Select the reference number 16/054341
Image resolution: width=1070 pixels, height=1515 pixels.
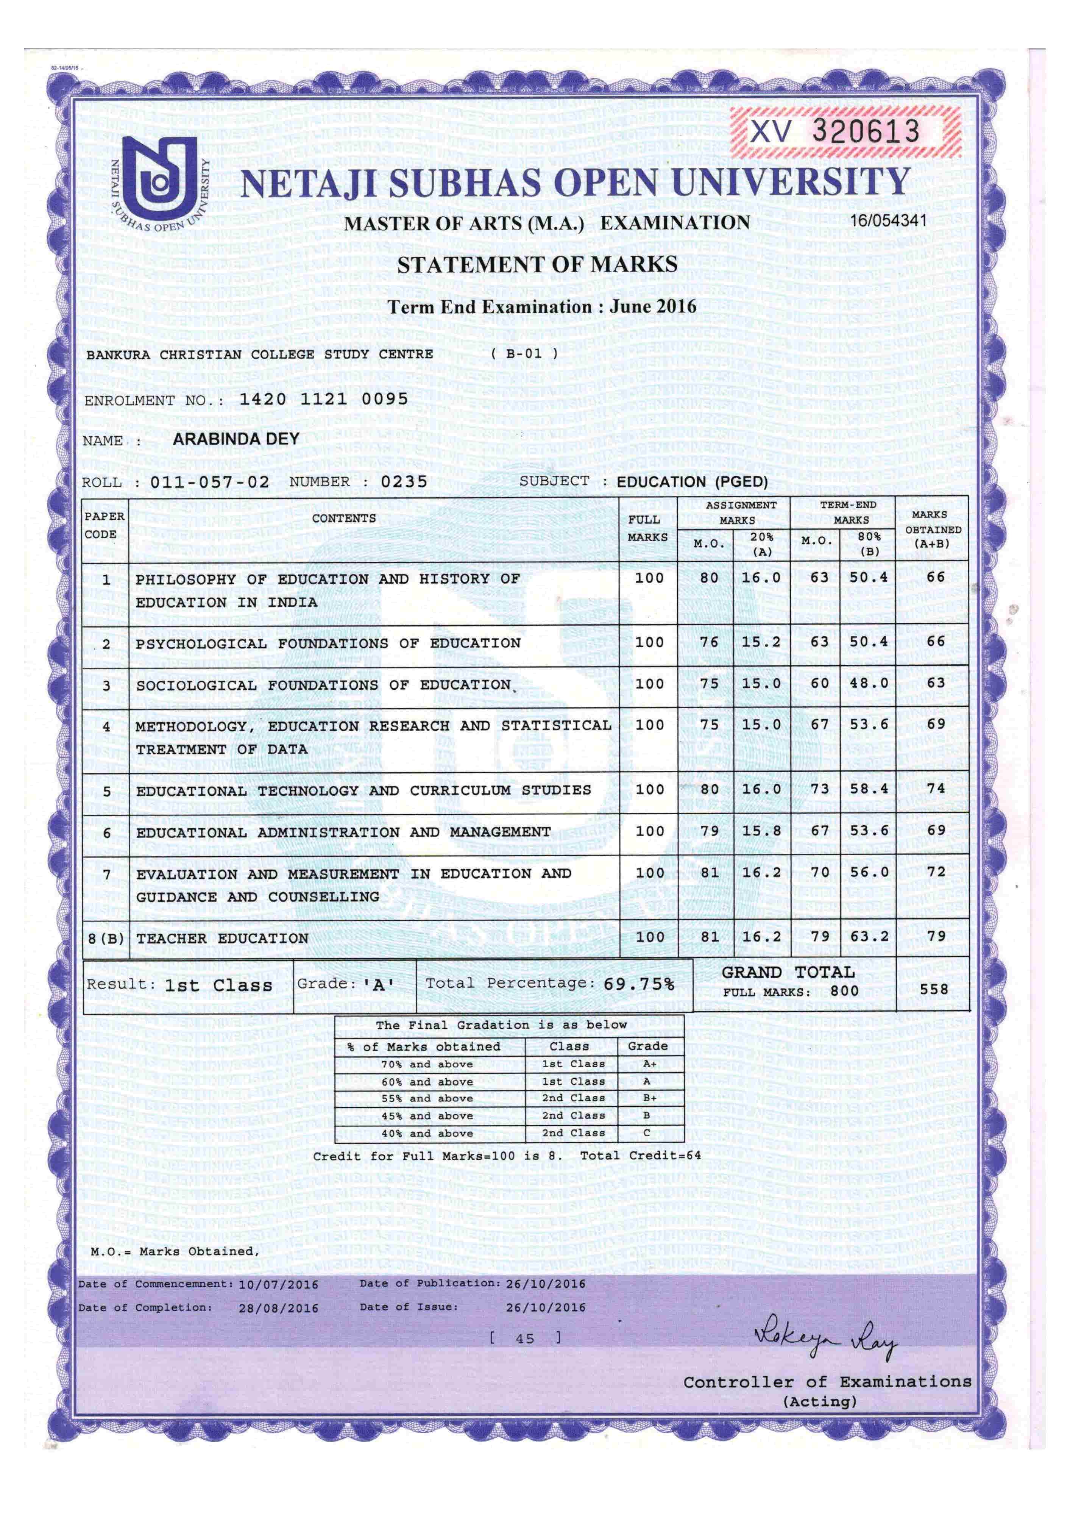point(888,220)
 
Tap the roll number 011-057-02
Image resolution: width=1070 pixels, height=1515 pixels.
point(210,482)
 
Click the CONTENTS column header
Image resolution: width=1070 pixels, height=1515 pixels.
point(344,518)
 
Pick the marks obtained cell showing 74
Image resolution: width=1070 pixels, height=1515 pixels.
point(936,789)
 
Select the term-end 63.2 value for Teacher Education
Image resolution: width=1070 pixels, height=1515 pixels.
point(869,936)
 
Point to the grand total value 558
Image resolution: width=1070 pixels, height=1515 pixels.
point(934,989)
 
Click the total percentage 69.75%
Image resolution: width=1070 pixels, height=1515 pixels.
point(639,984)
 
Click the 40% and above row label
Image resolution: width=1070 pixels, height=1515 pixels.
point(427,1133)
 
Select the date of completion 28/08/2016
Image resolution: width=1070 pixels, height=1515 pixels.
point(278,1308)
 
